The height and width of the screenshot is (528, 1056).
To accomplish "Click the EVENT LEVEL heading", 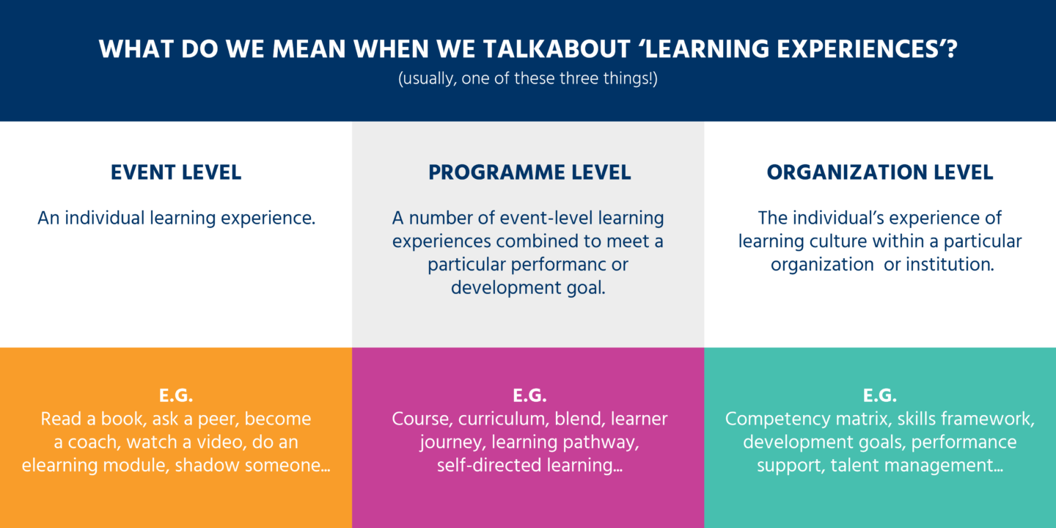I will [x=176, y=173].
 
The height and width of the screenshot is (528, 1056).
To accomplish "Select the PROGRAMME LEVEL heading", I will [x=529, y=173].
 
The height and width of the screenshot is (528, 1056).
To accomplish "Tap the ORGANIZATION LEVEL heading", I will [x=880, y=173].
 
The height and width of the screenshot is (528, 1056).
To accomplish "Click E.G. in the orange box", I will [x=176, y=396].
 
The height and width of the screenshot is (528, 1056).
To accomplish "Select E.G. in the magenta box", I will [x=529, y=396].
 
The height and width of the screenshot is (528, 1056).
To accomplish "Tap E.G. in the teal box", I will [x=880, y=396].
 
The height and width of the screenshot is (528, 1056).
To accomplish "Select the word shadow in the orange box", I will [x=202, y=466].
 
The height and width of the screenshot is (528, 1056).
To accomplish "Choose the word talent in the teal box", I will [x=854, y=466].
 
